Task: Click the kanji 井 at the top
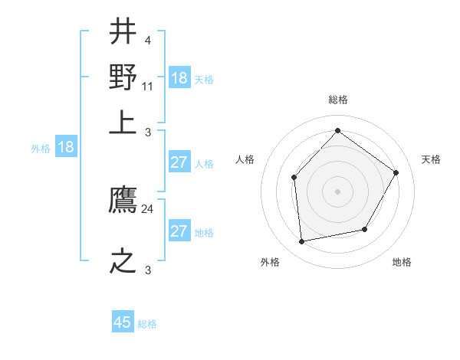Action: coord(123,33)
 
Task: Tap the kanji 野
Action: coord(123,77)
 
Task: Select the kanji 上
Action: coord(123,120)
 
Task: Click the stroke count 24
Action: coord(148,209)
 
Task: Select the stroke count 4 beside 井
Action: coord(147,41)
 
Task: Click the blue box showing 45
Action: coord(123,322)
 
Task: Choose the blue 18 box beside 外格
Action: coord(65,147)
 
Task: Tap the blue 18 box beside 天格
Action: coord(179,78)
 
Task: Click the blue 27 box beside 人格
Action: coord(179,162)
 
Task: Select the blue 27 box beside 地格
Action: coord(179,231)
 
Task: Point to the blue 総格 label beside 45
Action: coord(147,324)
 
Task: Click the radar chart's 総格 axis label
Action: coord(337,100)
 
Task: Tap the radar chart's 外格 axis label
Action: coord(270,263)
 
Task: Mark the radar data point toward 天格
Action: coord(396,172)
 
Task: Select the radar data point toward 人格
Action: coord(294,178)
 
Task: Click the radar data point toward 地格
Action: coord(365,229)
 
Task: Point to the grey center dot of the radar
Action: coord(337,191)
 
